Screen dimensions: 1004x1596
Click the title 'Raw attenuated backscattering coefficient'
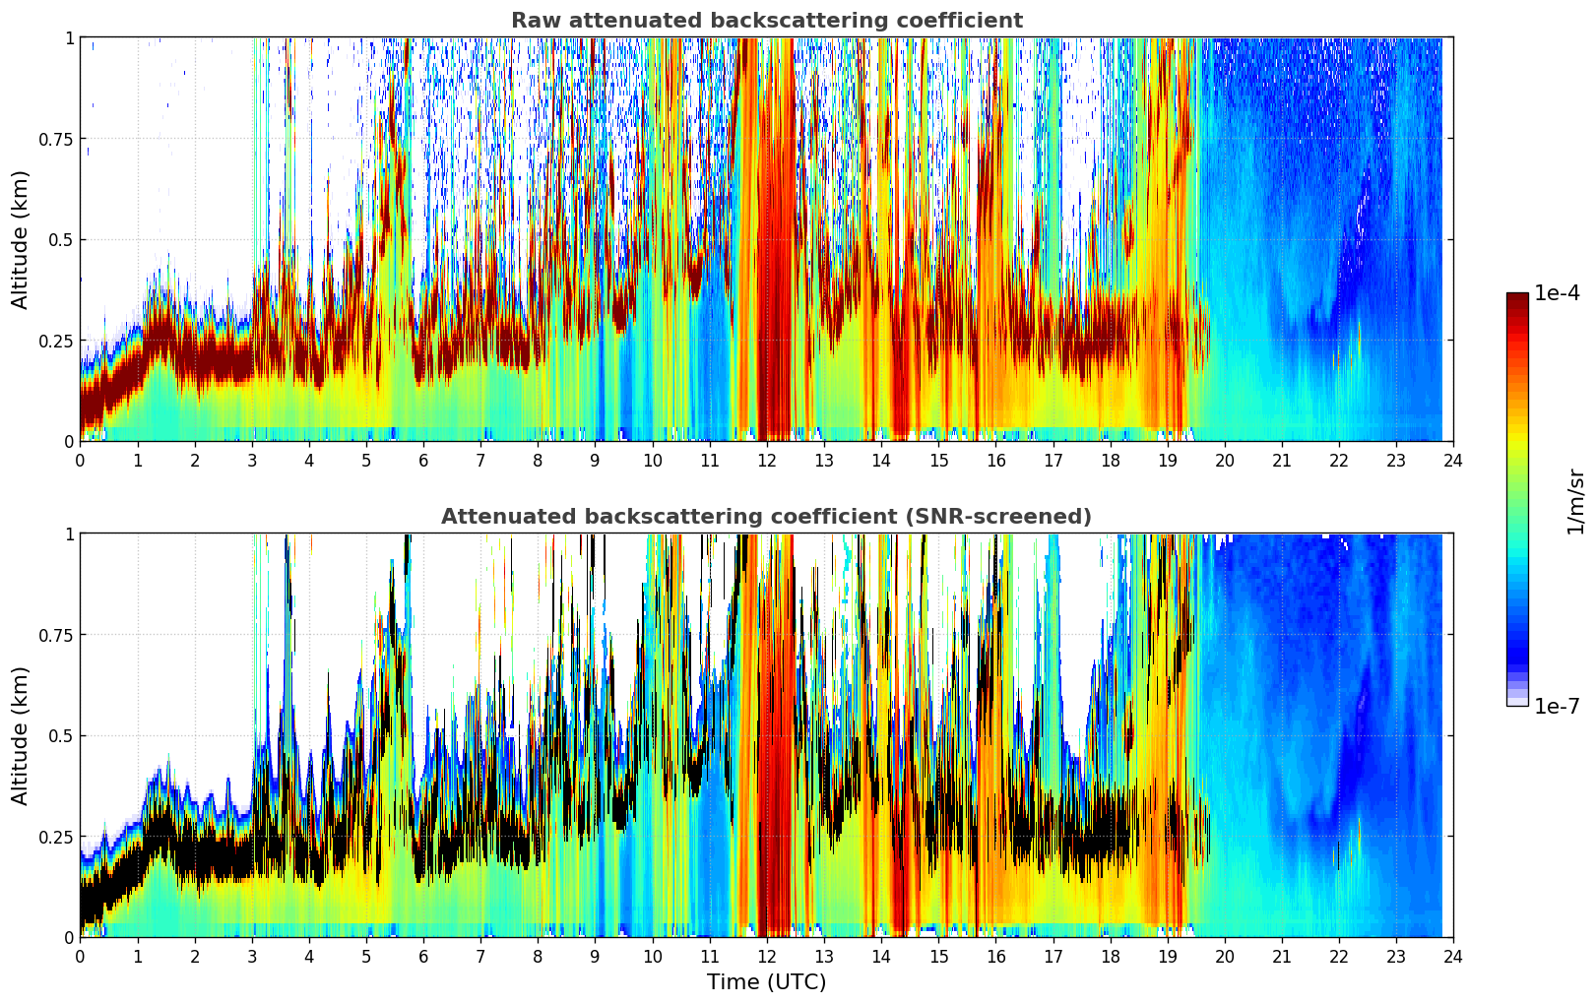click(766, 21)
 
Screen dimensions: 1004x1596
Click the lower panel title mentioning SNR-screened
click(766, 517)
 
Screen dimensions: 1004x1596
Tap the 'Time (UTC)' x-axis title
click(766, 982)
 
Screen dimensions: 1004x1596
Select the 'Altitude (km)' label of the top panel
click(20, 239)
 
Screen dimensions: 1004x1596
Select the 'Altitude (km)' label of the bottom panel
click(20, 735)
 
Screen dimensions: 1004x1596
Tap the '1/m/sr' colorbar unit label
click(1575, 501)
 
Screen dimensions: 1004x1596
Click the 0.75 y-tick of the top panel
click(55, 139)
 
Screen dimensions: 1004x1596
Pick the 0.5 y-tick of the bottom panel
click(61, 736)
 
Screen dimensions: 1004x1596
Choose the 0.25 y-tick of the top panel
click(55, 341)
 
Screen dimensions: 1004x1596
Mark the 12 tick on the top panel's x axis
click(767, 460)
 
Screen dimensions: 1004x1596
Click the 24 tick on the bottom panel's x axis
click(1453, 956)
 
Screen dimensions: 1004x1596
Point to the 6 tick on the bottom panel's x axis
click(423, 956)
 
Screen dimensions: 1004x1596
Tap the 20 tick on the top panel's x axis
click(1224, 460)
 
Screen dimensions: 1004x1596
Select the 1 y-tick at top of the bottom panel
click(69, 534)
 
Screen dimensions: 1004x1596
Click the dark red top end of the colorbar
click(1516, 297)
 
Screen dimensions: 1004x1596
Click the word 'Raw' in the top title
click(530, 21)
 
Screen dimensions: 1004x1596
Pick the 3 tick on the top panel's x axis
click(252, 460)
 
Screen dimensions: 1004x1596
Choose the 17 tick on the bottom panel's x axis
click(1053, 956)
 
